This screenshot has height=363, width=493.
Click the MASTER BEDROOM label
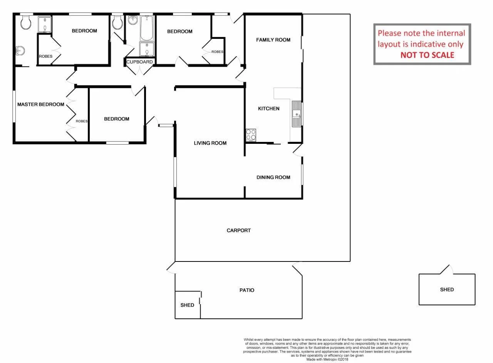pos(40,104)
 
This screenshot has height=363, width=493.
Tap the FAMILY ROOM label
pos(273,40)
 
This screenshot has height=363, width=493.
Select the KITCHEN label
pos(268,108)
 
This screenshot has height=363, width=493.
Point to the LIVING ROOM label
pos(210,143)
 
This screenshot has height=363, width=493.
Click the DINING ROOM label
pos(273,177)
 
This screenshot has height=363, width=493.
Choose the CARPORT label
pos(238,230)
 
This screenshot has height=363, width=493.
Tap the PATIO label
pos(246,290)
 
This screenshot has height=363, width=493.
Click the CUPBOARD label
pos(139,62)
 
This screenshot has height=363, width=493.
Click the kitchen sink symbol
pos(297,114)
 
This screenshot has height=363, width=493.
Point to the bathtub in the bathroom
pos(146,28)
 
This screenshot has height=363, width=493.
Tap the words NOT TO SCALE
pos(427,55)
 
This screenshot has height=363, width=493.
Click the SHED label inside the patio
pos(187,305)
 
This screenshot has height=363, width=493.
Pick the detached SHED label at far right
pos(447,290)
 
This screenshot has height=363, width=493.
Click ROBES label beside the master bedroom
pos(81,121)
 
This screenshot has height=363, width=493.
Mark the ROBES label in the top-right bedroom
pos(217,52)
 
